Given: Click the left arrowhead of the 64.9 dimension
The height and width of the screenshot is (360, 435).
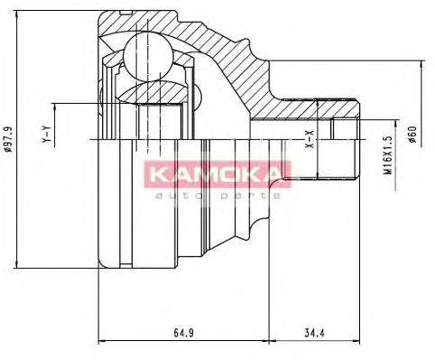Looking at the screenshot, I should (x=99, y=342).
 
